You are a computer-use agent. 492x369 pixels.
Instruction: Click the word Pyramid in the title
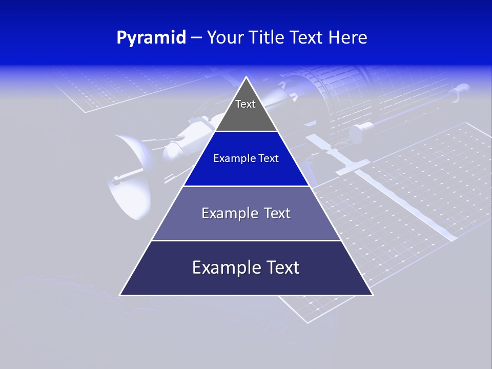(x=151, y=38)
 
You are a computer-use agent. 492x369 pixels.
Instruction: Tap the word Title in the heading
(x=270, y=38)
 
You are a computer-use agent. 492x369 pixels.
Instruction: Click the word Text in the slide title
(x=309, y=38)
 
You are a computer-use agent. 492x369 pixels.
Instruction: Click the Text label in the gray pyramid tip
(x=245, y=104)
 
